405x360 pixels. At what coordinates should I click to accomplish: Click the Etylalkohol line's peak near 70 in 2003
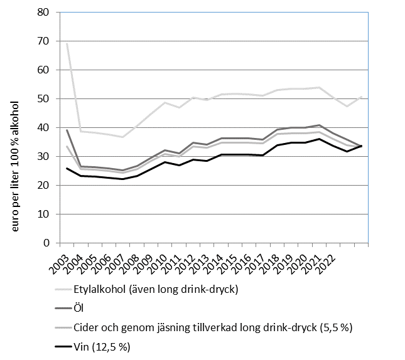point(67,43)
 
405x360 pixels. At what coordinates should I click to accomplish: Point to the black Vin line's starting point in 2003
point(67,168)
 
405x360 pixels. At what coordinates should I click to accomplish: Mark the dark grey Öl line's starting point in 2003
point(67,130)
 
